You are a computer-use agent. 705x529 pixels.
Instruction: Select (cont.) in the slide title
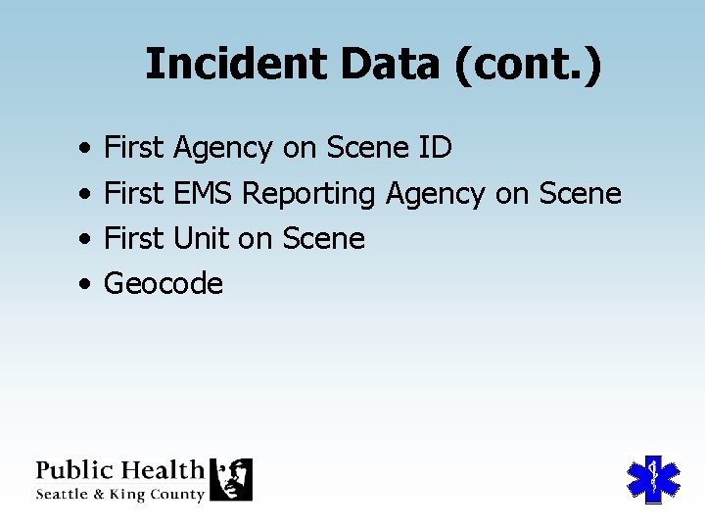click(x=528, y=65)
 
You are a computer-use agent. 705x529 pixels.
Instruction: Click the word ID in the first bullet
click(x=435, y=148)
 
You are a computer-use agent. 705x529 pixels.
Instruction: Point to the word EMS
click(x=203, y=194)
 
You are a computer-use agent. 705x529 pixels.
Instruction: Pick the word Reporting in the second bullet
click(x=308, y=194)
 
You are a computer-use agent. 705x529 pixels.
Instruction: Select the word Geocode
click(x=164, y=284)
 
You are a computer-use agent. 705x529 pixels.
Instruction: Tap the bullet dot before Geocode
click(x=87, y=285)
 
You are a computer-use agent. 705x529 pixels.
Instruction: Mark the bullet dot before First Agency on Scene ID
click(x=87, y=149)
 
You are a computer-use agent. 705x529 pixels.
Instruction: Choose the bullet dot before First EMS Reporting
click(x=87, y=195)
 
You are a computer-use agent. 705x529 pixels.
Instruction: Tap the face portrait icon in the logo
click(x=233, y=479)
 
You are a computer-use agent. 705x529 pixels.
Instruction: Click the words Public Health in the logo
click(x=119, y=470)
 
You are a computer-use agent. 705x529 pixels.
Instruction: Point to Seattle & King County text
click(x=119, y=495)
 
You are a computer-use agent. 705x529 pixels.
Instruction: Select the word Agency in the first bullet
click(x=222, y=148)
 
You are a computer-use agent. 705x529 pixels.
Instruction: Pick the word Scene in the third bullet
click(x=323, y=239)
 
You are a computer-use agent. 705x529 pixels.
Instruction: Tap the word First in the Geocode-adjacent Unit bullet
click(x=133, y=239)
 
